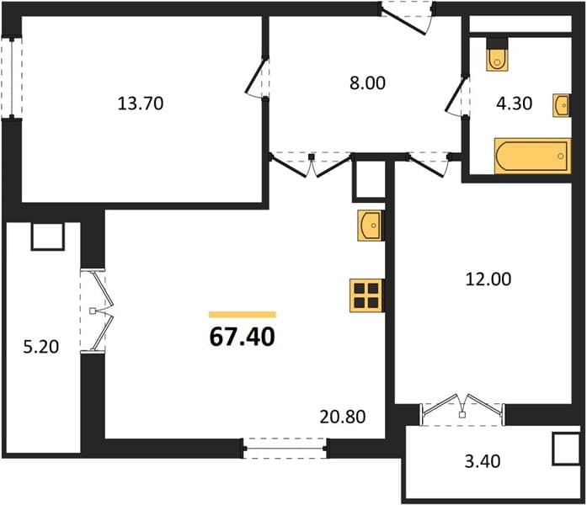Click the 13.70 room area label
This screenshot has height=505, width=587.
tap(141, 104)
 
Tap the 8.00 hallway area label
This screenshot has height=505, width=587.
tap(367, 83)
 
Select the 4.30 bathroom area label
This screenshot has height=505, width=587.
tap(514, 104)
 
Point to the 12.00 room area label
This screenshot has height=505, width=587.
tap(488, 279)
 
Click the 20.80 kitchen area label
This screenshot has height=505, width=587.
tap(343, 417)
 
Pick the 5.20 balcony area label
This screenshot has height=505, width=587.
tap(40, 347)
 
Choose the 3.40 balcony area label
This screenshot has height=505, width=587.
tap(483, 461)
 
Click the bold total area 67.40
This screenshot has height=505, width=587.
tap(243, 337)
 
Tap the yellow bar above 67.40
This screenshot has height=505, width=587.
tap(243, 315)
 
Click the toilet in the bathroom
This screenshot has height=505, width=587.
tap(498, 54)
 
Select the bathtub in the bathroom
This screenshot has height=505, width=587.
tap(533, 156)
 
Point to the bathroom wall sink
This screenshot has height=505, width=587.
tap(562, 105)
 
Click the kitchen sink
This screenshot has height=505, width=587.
tap(370, 226)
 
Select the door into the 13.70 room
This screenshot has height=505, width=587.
tap(258, 78)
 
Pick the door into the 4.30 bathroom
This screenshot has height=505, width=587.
tap(457, 97)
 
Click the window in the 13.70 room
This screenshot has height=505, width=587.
tap(12, 77)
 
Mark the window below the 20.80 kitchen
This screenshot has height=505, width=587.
tap(285, 448)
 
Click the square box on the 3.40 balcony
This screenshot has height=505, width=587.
tap(566, 449)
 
